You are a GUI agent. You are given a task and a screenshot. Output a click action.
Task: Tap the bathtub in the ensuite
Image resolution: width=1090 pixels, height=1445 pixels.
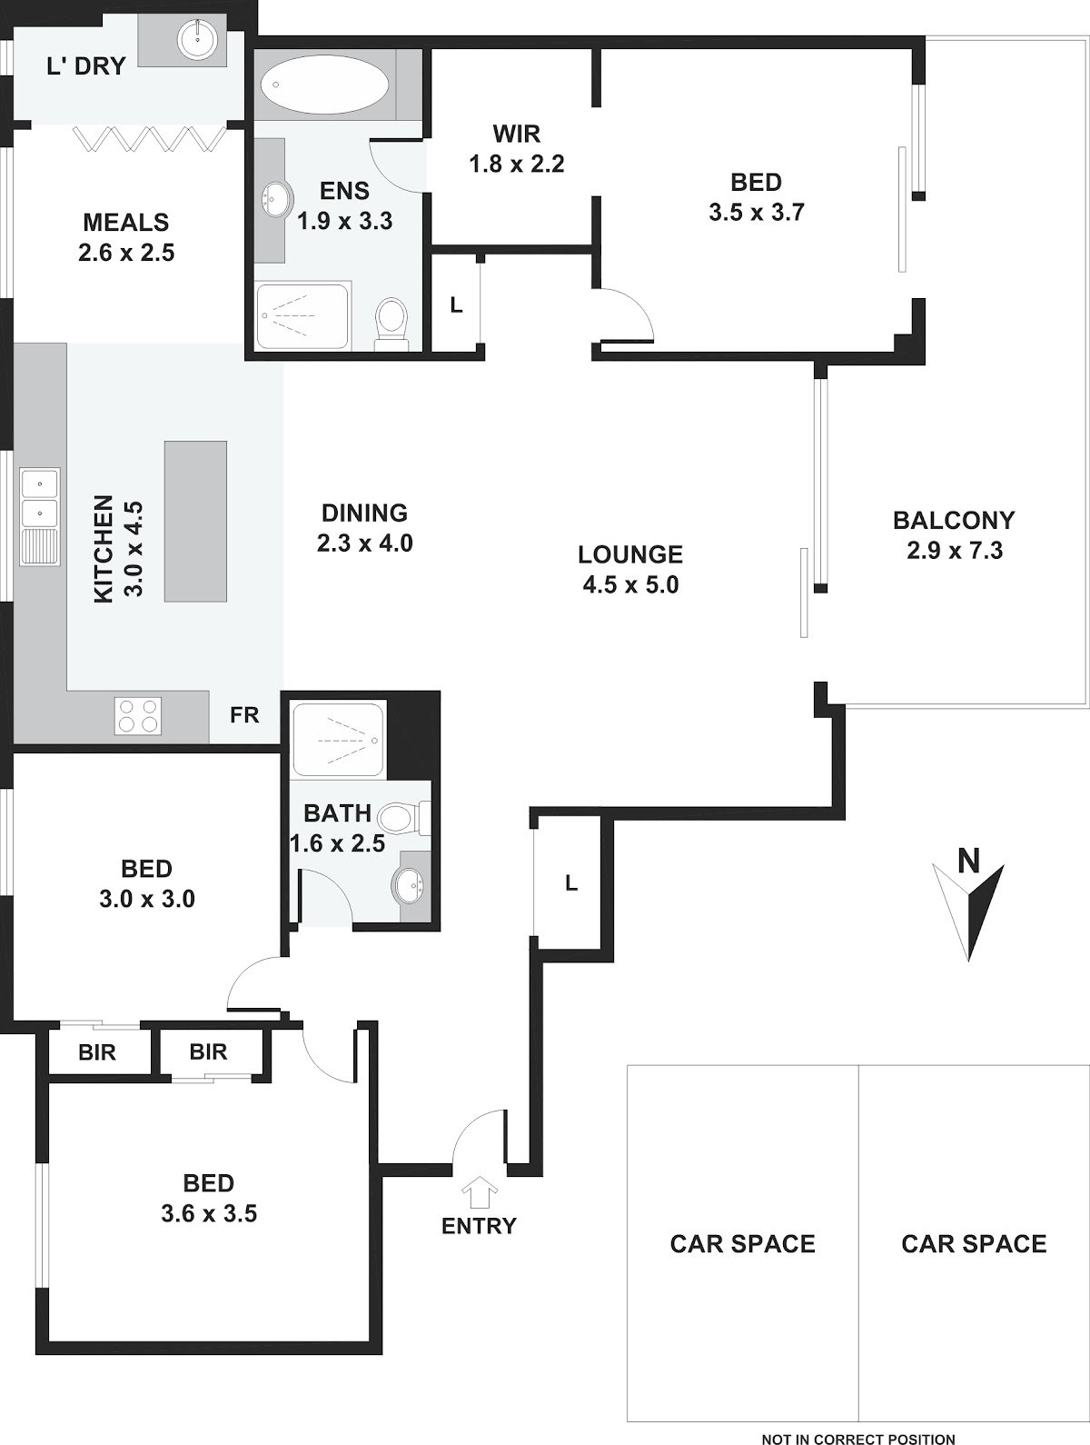(324, 85)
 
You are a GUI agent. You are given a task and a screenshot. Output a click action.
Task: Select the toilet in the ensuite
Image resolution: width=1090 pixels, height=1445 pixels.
(391, 323)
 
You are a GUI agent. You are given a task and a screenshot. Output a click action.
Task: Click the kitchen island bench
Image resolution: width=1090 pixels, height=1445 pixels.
(195, 521)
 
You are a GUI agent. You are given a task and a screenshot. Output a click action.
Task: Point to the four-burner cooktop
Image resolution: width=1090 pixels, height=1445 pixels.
(138, 715)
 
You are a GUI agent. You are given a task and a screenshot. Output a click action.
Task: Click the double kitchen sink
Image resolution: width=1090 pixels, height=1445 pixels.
(40, 515)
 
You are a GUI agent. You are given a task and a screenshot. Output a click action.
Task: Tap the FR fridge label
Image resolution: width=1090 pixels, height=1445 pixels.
(244, 715)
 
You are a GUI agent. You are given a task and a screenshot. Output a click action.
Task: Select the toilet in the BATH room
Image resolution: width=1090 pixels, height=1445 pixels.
(402, 818)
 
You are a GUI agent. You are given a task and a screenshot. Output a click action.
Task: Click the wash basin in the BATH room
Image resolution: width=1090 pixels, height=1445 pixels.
(409, 886)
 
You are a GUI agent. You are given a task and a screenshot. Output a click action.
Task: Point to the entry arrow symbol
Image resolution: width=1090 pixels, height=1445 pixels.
(480, 1192)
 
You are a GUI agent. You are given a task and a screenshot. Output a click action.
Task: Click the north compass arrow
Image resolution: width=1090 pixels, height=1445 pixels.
(968, 912)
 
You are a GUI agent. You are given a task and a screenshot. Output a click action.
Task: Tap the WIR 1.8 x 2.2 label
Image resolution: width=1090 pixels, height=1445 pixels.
(516, 149)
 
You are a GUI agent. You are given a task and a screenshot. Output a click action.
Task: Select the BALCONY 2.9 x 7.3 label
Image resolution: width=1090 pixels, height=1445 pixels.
(954, 535)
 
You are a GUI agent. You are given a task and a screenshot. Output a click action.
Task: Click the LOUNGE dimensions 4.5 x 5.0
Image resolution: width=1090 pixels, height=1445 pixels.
(630, 584)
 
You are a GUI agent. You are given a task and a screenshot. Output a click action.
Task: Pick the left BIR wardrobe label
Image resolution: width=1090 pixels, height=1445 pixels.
(96, 1052)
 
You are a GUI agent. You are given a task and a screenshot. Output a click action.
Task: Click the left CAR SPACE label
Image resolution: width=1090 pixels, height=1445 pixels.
(742, 1243)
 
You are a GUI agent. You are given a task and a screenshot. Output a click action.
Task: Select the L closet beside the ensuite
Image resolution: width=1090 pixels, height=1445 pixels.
(456, 304)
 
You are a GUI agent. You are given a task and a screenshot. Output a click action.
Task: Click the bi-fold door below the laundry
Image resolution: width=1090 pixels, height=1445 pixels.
(149, 139)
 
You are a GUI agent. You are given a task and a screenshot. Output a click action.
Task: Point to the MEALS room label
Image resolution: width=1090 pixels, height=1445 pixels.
(125, 223)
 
